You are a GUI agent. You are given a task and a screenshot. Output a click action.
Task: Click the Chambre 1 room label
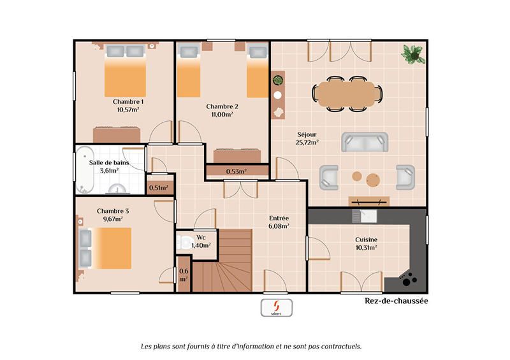[128, 101]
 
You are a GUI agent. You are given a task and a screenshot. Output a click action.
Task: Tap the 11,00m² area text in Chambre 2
[222, 115]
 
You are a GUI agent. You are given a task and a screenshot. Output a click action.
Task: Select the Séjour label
[307, 134]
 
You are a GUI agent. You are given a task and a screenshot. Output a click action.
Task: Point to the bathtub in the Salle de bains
[85, 170]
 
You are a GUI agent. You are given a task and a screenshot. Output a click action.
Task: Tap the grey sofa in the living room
[365, 142]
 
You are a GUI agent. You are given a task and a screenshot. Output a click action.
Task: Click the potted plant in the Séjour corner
[413, 54]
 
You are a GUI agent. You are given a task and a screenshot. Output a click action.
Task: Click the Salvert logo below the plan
[276, 307]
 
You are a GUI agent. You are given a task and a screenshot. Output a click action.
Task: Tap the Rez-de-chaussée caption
[396, 301]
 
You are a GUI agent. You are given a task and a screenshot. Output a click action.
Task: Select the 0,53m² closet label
[237, 171]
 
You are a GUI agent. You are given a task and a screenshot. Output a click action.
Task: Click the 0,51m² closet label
[158, 187]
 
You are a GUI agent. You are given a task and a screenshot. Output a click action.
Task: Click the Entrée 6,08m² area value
[279, 226]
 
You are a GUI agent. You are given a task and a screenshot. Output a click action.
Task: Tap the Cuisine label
[366, 240]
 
